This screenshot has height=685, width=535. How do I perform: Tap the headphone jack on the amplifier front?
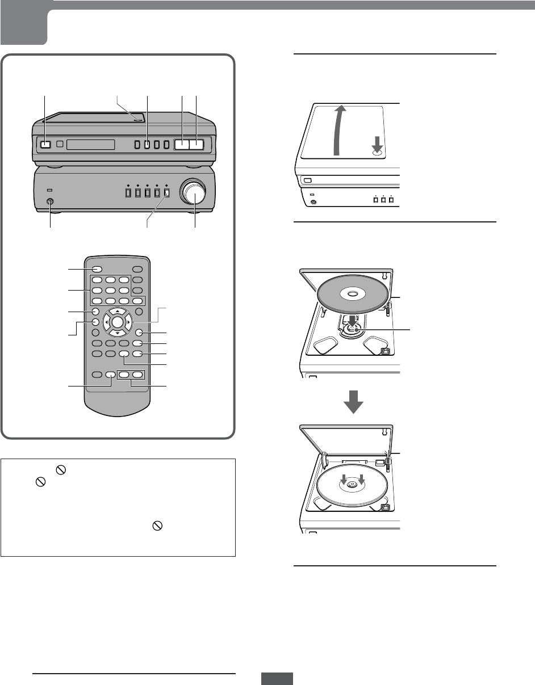click(51, 201)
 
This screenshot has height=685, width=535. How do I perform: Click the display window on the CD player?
click(90, 145)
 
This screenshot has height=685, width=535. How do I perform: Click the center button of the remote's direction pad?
click(117, 322)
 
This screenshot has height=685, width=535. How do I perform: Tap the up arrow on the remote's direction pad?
click(117, 311)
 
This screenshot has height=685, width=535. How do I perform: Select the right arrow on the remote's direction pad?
click(128, 322)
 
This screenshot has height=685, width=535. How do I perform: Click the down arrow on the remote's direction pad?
click(117, 333)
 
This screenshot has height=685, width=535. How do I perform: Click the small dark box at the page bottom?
click(277, 679)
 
